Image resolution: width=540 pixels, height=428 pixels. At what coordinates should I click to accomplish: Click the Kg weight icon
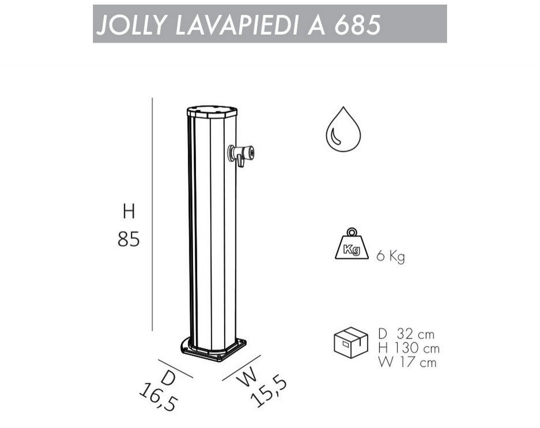352,245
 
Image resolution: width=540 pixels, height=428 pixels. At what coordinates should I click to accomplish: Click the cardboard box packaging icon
350,343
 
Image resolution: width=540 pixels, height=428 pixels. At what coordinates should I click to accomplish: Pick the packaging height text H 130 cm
408,349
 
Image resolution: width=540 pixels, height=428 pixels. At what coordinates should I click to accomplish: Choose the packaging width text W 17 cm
407,363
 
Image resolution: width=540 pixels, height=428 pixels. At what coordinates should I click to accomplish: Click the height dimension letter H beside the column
128,212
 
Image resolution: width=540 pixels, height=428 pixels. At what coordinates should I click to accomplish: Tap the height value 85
128,239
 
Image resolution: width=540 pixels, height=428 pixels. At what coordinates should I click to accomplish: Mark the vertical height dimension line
152,214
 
